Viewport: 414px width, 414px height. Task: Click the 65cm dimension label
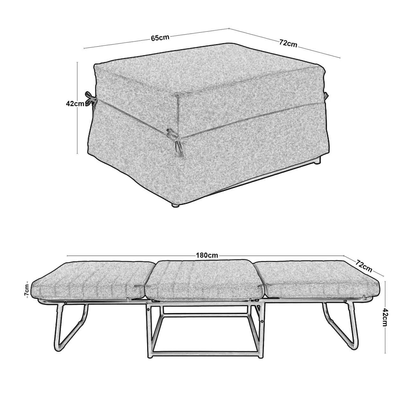pyautogui.click(x=160, y=38)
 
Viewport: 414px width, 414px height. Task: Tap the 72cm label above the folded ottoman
pyautogui.click(x=288, y=43)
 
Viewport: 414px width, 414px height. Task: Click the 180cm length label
pyautogui.click(x=207, y=255)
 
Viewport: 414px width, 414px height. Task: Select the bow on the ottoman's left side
pyautogui.click(x=90, y=99)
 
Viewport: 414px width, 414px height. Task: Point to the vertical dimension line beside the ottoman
pyautogui.click(x=77, y=108)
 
